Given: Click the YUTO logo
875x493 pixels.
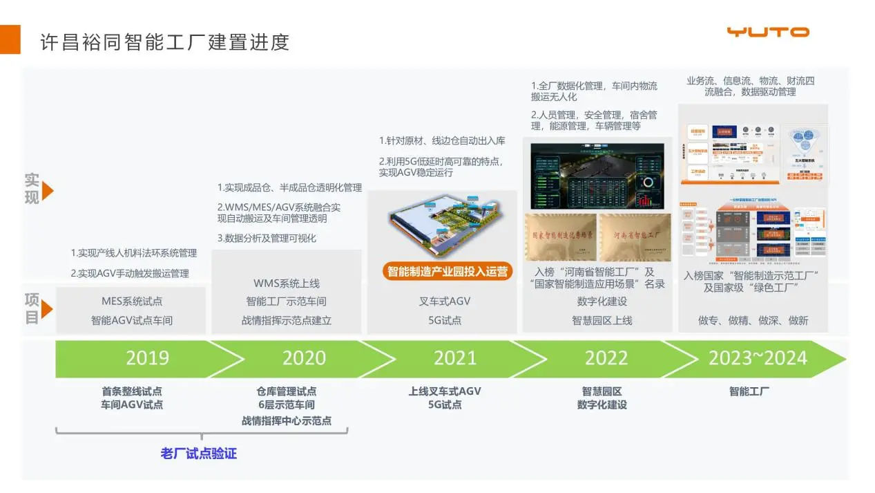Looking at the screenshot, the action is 767,32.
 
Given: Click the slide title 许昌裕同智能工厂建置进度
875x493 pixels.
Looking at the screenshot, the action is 164,41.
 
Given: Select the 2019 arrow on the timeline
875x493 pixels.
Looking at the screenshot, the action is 147,358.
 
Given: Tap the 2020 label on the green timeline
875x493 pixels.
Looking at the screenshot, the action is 304,358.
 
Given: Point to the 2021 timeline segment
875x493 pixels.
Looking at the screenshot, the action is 454,358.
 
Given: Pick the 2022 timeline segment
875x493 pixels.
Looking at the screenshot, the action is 606,358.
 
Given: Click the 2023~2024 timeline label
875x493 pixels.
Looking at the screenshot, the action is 757,358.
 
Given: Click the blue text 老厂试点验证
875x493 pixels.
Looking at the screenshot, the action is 198,454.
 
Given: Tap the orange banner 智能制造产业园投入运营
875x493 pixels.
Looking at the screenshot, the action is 447,271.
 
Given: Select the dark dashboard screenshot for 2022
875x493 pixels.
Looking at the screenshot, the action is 597,176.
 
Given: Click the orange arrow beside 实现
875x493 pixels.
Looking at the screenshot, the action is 48,191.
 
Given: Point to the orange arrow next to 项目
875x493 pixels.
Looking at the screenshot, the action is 48,309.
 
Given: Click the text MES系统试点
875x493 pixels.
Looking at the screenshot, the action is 132,301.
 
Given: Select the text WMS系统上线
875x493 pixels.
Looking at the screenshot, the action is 286,283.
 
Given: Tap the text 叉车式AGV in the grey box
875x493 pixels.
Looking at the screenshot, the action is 445,301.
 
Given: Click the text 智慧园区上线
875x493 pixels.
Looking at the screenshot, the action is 602,320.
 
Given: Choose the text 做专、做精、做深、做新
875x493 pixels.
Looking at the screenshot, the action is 753,320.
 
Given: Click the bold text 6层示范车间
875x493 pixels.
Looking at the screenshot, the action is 286,405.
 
